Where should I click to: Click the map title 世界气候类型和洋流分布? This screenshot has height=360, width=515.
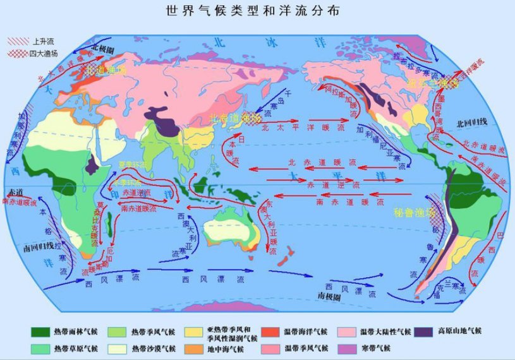coord(257,11)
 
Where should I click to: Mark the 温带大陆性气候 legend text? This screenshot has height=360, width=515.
coord(385,332)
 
